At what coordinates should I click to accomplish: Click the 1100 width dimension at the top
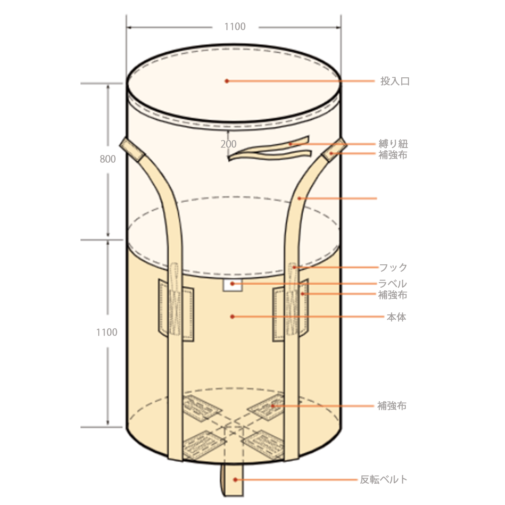click(x=235, y=27)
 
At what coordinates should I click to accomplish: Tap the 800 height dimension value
click(x=108, y=159)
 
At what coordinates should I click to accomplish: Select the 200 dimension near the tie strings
click(x=228, y=144)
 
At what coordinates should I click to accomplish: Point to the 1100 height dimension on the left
click(x=107, y=332)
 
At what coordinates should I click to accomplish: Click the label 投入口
click(x=395, y=81)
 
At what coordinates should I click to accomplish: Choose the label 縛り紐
click(x=393, y=144)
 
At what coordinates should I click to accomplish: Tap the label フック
click(x=393, y=267)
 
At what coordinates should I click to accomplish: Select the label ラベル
click(x=393, y=284)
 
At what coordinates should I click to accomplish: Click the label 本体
click(x=396, y=317)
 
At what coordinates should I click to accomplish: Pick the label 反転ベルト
click(x=383, y=480)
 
